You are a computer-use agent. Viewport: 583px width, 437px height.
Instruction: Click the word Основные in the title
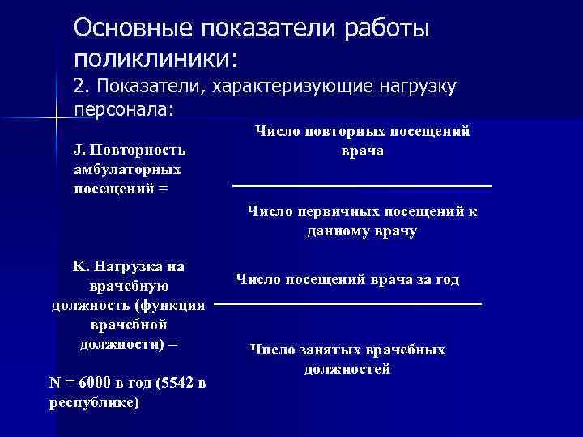(x=126, y=28)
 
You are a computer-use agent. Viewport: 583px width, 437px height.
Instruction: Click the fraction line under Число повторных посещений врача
(x=362, y=187)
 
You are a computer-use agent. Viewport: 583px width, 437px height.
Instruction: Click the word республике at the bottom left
(x=91, y=402)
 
